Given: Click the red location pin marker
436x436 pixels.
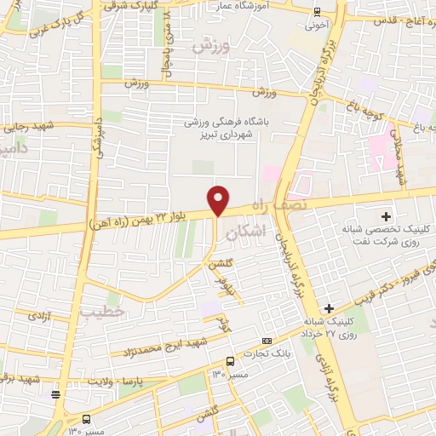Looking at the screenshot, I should pyautogui.click(x=219, y=199).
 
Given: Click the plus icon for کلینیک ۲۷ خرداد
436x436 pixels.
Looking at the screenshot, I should pyautogui.click(x=330, y=307).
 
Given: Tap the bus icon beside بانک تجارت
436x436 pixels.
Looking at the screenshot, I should pyautogui.click(x=230, y=361).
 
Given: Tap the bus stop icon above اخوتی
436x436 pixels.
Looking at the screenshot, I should pyautogui.click(x=318, y=11).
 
